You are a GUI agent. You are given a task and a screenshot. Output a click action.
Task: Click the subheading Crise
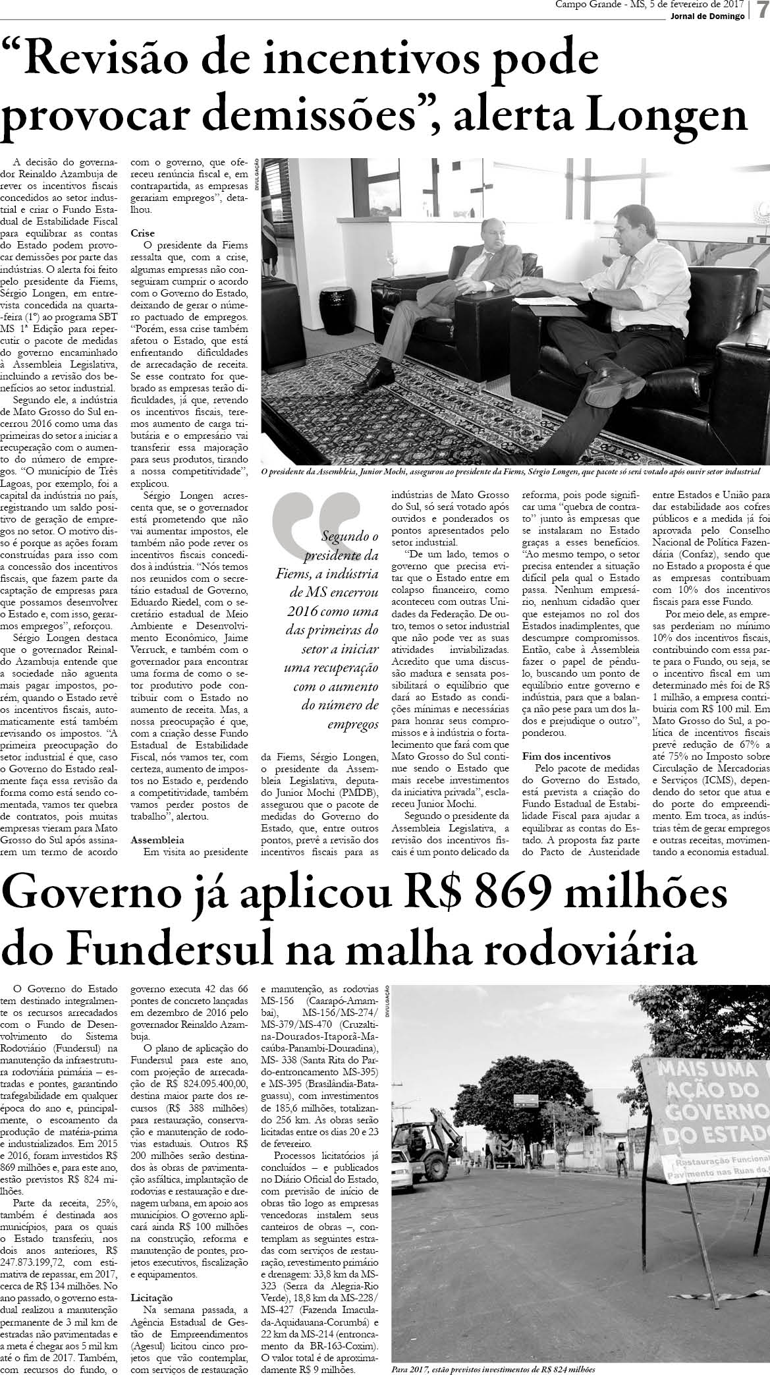click(x=142, y=233)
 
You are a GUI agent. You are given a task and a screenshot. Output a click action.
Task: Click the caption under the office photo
click(x=510, y=472)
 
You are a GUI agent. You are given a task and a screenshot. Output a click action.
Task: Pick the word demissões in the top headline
click(x=310, y=117)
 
